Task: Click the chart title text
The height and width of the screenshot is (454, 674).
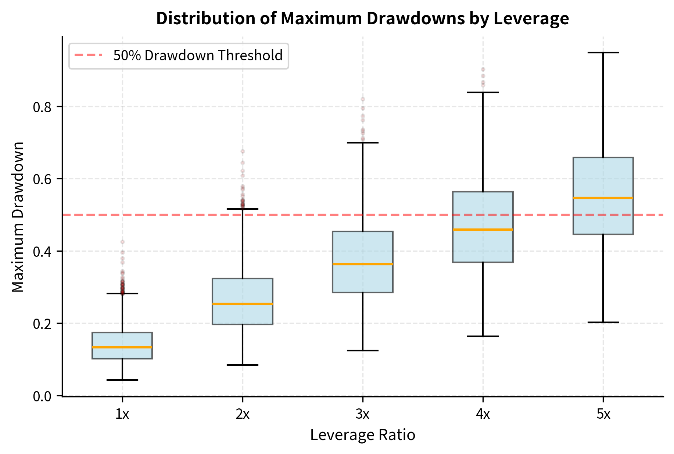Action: coord(362,18)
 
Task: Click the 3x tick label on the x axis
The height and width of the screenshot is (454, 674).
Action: coord(362,415)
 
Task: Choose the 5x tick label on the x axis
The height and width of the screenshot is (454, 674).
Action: coord(603,415)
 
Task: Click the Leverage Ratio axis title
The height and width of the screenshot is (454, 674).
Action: coord(362,435)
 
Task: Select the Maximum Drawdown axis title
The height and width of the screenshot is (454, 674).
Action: coord(18,217)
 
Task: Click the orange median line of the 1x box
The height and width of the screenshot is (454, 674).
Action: coord(122,347)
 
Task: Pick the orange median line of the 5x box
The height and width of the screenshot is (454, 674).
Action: coord(603,198)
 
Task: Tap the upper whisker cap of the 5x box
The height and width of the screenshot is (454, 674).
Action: coord(603,53)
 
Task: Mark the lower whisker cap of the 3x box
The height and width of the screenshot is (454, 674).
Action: coord(363,351)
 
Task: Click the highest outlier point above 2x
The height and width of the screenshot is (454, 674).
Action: coord(243,151)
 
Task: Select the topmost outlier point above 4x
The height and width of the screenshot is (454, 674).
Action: coord(483,69)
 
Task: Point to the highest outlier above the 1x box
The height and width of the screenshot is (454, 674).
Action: coord(122,242)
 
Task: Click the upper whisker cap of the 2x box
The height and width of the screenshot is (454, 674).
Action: coord(243,209)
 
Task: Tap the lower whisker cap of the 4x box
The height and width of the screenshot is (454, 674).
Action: coord(483,336)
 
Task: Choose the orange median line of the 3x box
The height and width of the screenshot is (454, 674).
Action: coord(363,264)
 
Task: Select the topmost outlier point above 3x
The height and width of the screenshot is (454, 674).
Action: coord(363,99)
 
